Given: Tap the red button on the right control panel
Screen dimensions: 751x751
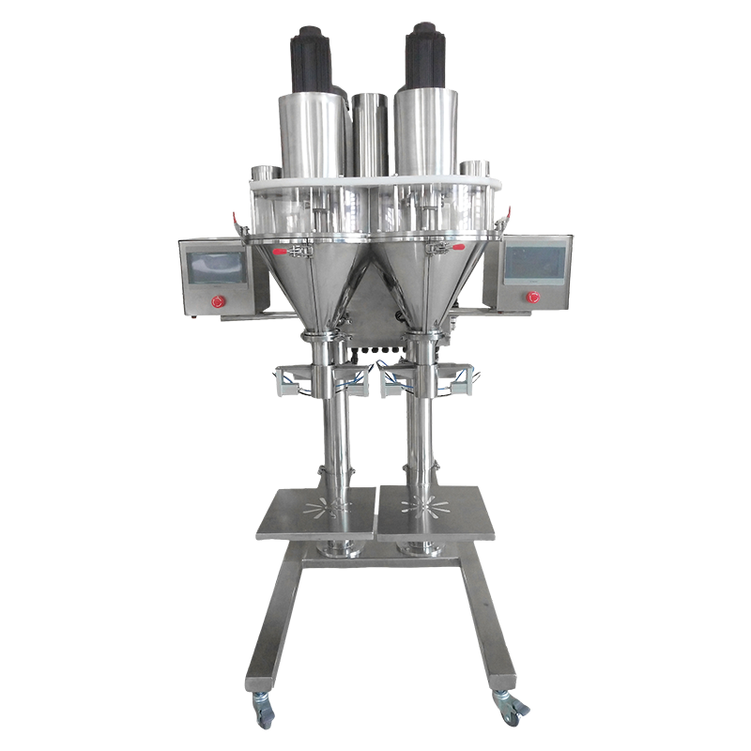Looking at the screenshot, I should click(x=533, y=298).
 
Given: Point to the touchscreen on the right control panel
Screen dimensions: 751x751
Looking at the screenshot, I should click(x=535, y=262).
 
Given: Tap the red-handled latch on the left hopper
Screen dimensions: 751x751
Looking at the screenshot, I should click(x=282, y=252).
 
